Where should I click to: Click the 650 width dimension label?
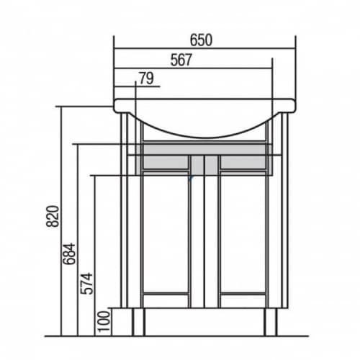tap(201, 40)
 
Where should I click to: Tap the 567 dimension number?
tap(181, 60)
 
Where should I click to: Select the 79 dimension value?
tap(146, 78)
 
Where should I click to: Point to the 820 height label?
tap(53, 216)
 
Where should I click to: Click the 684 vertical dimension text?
tap(69, 253)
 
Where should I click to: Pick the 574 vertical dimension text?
tap(86, 284)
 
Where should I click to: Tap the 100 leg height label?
tap(104, 321)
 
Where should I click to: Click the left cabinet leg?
tap(139, 322)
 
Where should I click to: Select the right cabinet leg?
tap(271, 322)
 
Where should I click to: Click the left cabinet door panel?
tap(166, 234)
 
